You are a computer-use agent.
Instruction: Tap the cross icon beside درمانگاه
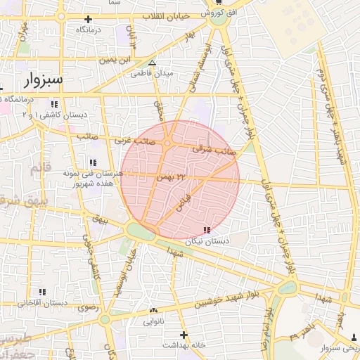pyautogui.click(x=88, y=20)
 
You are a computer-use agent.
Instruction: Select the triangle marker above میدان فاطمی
pyautogui.click(x=152, y=63)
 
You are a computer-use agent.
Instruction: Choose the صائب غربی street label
pyautogui.click(x=133, y=140)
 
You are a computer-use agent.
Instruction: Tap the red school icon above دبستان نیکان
pyautogui.click(x=206, y=230)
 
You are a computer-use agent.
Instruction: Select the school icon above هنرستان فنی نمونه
pyautogui.click(x=94, y=162)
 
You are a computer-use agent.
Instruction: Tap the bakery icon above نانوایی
pyautogui.click(x=154, y=310)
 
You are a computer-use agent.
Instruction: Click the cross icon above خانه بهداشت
pyautogui.click(x=184, y=335)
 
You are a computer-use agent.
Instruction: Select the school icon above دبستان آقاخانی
pyautogui.click(x=42, y=291)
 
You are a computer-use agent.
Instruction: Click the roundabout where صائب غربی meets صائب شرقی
pyautogui.click(x=168, y=144)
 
